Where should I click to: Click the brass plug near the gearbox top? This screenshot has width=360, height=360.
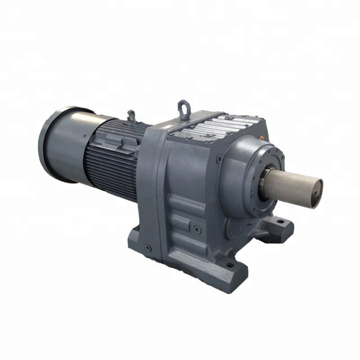(x=263, y=137)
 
